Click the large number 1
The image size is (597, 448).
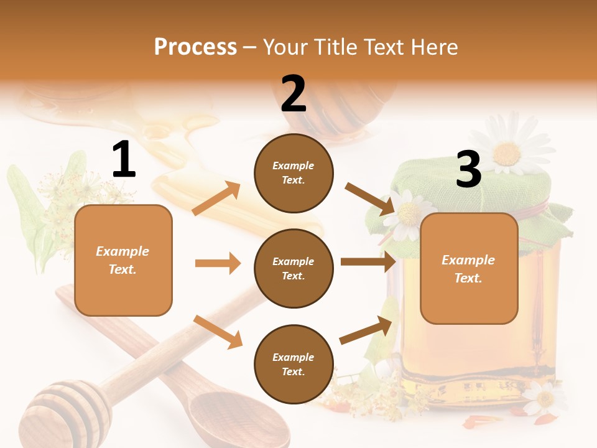124,160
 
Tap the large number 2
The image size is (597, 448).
294,93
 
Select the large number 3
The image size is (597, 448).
468,169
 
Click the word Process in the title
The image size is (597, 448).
195,47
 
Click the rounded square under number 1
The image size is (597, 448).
123,260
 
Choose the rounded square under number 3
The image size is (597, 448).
469,268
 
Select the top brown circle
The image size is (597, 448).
294,172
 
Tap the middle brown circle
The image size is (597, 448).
294,268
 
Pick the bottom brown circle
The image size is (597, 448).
294,364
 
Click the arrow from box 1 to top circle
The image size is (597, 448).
216,198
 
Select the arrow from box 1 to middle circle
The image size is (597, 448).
218,263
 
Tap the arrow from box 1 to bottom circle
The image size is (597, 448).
218,331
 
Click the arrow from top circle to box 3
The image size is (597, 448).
370,198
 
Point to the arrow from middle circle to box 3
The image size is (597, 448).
368,262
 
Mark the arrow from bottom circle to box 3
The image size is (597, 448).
366,330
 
